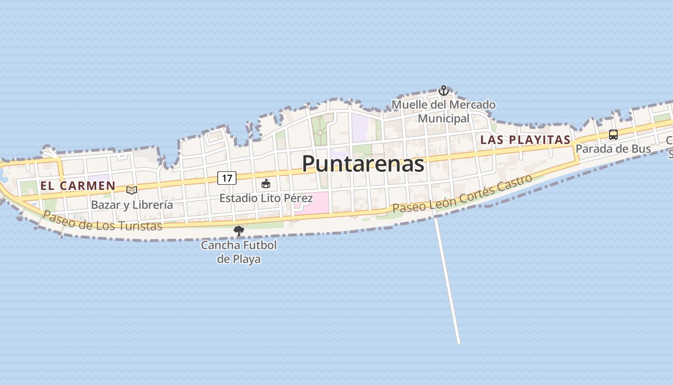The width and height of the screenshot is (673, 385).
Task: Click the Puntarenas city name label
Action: [x=363, y=164]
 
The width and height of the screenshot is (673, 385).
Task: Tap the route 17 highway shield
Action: [x=227, y=178]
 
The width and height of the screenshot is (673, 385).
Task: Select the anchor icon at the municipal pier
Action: [x=443, y=90]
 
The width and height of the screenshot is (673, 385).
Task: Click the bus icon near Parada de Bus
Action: [x=613, y=135]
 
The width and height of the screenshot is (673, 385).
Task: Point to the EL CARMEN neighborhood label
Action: [x=78, y=186]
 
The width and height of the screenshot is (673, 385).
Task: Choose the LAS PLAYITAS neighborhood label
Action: [x=525, y=140]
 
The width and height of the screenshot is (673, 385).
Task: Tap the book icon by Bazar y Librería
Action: [x=131, y=190]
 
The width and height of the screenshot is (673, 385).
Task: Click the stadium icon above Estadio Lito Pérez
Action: [x=266, y=183]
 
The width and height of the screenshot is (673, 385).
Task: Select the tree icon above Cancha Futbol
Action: [x=238, y=231]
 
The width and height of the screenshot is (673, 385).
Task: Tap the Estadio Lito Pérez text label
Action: [x=266, y=198]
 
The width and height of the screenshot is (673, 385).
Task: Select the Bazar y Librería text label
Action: [x=132, y=205]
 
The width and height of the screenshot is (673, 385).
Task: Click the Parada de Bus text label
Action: [x=613, y=149]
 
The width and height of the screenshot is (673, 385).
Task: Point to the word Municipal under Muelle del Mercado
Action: [x=443, y=118]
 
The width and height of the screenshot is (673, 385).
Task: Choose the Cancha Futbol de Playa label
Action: [x=238, y=252]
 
